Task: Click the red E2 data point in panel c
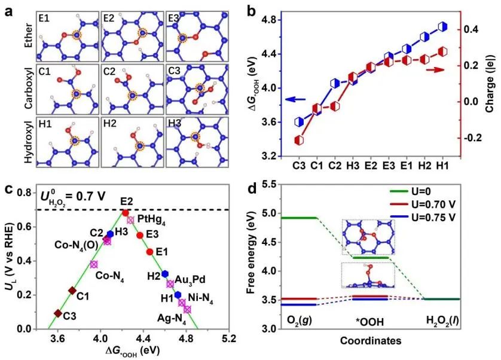click(x=125, y=212)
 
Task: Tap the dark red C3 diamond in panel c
click(x=58, y=313)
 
